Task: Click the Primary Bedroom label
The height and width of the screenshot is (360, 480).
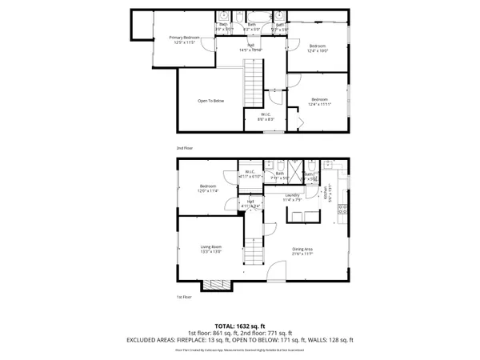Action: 185,39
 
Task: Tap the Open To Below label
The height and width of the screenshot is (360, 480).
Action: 211,101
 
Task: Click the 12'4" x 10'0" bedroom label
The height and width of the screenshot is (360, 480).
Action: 318,49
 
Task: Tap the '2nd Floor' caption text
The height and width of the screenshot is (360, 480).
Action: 185,149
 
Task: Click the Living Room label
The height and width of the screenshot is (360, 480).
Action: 211,249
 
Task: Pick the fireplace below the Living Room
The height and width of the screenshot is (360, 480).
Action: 214,284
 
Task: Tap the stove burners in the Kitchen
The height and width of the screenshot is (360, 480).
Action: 344,210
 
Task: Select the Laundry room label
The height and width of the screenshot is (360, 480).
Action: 292,197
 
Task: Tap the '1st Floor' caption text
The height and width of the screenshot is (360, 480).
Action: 184,297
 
